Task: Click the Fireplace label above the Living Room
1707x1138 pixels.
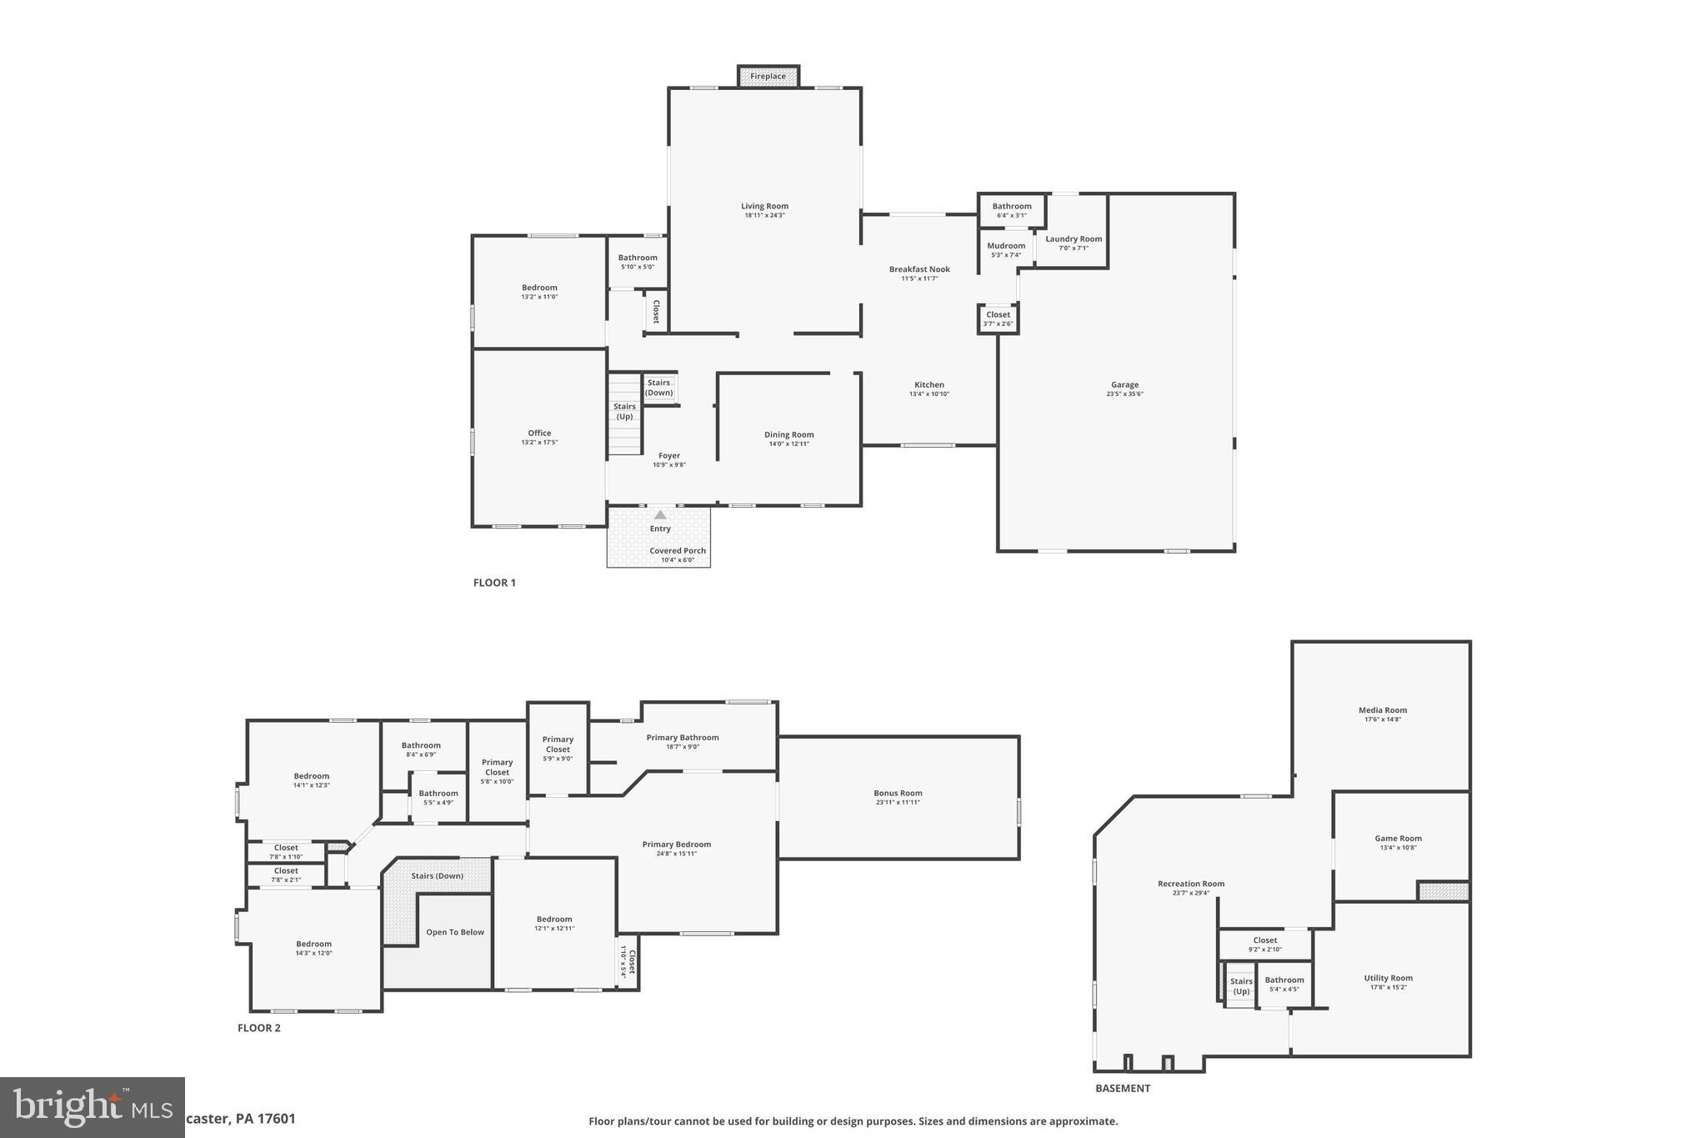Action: [x=768, y=77]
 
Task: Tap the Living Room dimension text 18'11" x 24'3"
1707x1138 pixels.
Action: [x=764, y=216]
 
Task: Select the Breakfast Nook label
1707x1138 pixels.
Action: [x=919, y=269]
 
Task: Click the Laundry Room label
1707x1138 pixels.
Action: [x=1074, y=239]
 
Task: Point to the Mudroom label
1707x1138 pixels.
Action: [x=1006, y=246]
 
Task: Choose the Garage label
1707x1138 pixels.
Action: [x=1124, y=385]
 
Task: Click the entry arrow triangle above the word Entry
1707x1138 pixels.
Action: [x=660, y=515]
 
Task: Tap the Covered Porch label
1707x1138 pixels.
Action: [x=678, y=551]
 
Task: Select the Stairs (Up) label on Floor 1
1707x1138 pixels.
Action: [x=624, y=412]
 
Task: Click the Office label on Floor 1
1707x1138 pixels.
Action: [x=539, y=434]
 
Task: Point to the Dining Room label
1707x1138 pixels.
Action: [x=788, y=435]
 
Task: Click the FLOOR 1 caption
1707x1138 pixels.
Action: [x=494, y=583]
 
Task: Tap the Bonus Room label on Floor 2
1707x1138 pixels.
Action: [x=898, y=794]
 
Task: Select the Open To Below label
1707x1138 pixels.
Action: [x=455, y=932]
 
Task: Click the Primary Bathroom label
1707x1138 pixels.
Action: [x=682, y=738]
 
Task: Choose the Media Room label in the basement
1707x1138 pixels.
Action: [x=1382, y=710]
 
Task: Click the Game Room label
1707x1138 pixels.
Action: [x=1398, y=839]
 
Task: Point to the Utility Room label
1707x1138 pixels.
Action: [x=1388, y=979]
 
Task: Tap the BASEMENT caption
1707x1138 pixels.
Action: [x=1122, y=1088]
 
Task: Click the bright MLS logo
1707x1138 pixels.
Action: [x=92, y=1107]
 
